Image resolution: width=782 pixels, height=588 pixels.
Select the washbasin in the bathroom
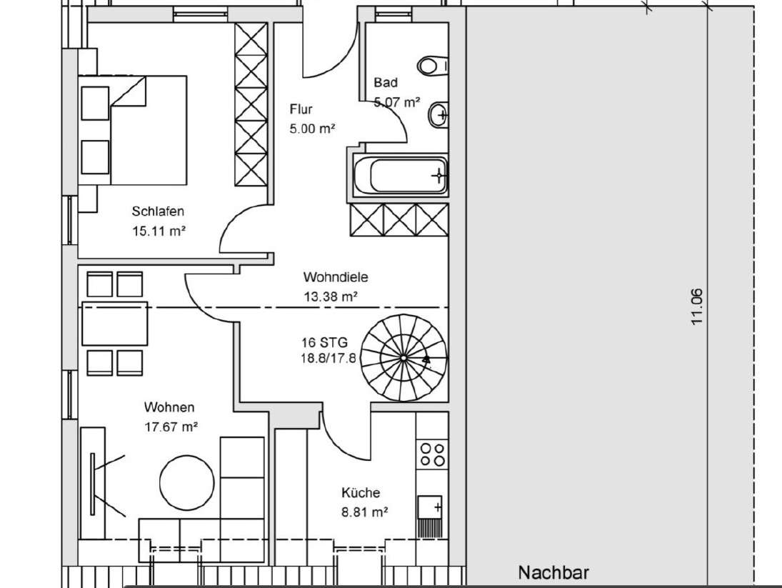pyautogui.click(x=438, y=113)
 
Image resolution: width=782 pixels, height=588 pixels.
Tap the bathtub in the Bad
pyautogui.click(x=400, y=174)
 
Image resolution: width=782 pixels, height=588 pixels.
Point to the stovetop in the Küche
pyautogui.click(x=432, y=454)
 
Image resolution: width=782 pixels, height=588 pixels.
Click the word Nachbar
pyautogui.click(x=553, y=573)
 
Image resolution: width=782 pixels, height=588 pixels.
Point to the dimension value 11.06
pyautogui.click(x=697, y=307)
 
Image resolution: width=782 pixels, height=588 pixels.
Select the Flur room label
pyautogui.click(x=301, y=109)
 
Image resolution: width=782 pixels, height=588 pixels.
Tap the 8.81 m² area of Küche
pyautogui.click(x=364, y=512)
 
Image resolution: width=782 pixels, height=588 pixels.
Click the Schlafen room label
pyautogui.click(x=158, y=211)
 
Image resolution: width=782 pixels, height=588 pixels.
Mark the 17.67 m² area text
pyautogui.click(x=171, y=427)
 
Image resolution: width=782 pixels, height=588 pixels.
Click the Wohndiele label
pyautogui.click(x=335, y=277)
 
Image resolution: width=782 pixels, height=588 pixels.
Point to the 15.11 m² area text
pyautogui.click(x=159, y=231)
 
